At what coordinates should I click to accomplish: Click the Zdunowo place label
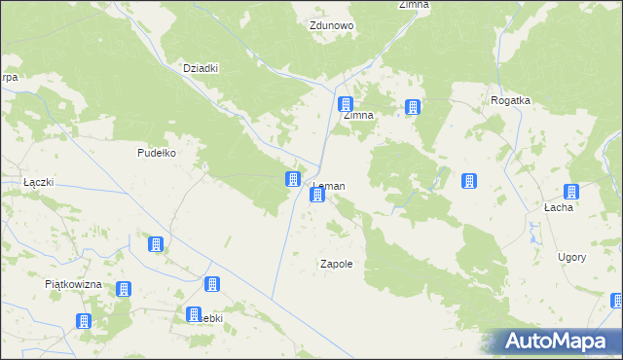331,26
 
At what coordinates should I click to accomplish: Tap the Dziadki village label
201,68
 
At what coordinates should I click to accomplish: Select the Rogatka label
509,100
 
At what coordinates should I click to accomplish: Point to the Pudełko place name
156,153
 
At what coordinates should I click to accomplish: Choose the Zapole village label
336,264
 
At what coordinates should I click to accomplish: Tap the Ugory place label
571,257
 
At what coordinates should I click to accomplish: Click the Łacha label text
558,207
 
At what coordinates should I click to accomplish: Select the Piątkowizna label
74,284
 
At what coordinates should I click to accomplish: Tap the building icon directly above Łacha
571,192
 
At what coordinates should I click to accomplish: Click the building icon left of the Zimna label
345,104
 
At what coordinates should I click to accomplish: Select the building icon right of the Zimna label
414,107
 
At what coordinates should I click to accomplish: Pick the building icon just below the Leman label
316,196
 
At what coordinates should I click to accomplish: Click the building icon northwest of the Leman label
292,178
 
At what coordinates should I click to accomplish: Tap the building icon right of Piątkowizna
124,289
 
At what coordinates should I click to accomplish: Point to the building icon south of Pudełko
155,244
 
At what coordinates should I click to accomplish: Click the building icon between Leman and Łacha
468,181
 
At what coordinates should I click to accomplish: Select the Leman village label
328,185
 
